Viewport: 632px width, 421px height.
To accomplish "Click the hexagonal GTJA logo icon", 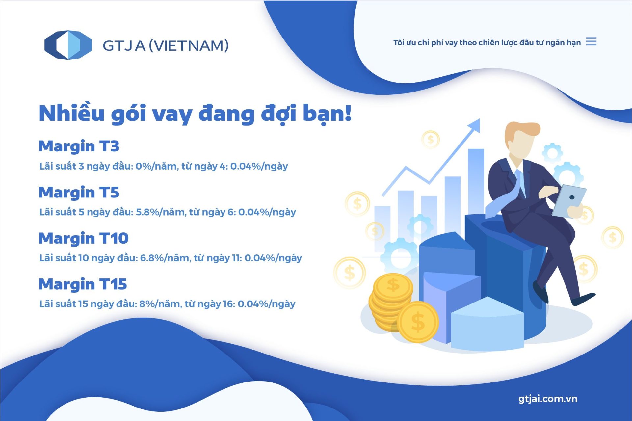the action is (68, 45).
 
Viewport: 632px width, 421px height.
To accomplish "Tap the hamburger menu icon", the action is (591, 42).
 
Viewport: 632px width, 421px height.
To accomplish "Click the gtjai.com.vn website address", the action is (548, 399).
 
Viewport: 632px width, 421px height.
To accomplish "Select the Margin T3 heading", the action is (79, 146).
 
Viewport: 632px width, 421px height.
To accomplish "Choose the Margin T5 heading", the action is (79, 193).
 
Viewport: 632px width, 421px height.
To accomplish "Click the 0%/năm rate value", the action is (157, 166).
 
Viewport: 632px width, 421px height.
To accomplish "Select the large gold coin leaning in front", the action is (418, 322).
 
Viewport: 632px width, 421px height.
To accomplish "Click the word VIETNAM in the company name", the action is (189, 46).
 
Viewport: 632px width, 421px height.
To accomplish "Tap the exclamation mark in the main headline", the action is (348, 113).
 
